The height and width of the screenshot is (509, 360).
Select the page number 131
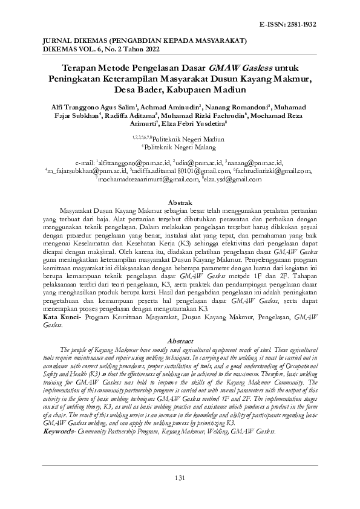pos(180,479)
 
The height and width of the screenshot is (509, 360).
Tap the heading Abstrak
pos(180,201)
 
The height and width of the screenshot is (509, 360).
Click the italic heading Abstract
pos(180,341)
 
